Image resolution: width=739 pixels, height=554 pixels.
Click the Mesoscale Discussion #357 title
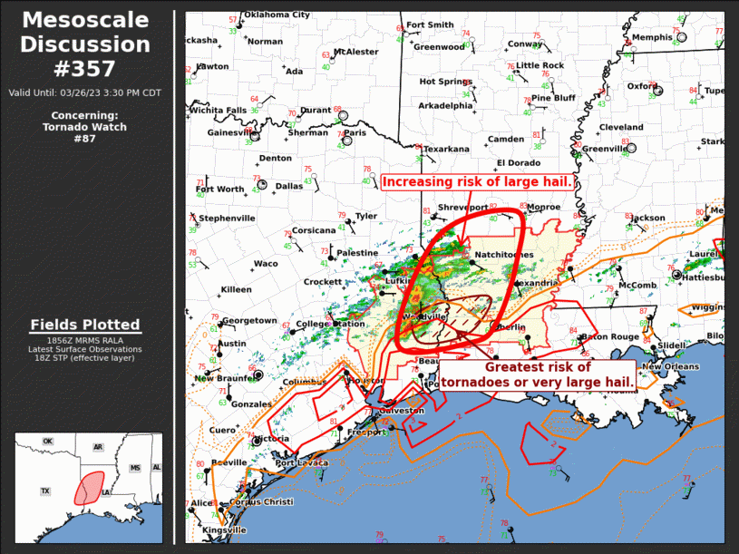pyautogui.click(x=85, y=44)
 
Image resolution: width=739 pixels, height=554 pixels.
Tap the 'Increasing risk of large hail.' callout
pyautogui.click(x=477, y=182)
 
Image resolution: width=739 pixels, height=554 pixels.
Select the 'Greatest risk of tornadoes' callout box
pyautogui.click(x=538, y=374)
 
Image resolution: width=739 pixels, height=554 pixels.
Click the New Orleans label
pyautogui.click(x=670, y=366)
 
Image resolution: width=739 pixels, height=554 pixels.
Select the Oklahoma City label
pyautogui.click(x=277, y=15)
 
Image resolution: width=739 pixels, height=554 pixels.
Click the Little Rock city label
pyautogui.click(x=540, y=65)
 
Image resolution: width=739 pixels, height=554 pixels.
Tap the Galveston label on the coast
pyautogui.click(x=399, y=411)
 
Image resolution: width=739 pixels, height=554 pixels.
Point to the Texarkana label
pyautogui.click(x=446, y=149)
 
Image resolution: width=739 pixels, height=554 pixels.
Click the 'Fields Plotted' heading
pyautogui.click(x=85, y=325)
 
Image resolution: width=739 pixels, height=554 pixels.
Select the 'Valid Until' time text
pyautogui.click(x=85, y=92)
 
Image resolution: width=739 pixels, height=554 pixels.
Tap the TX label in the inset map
pyautogui.click(x=44, y=491)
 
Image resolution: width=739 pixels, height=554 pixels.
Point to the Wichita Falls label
pyautogui.click(x=218, y=111)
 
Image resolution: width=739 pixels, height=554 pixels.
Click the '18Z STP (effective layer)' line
pyautogui.click(x=85, y=358)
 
